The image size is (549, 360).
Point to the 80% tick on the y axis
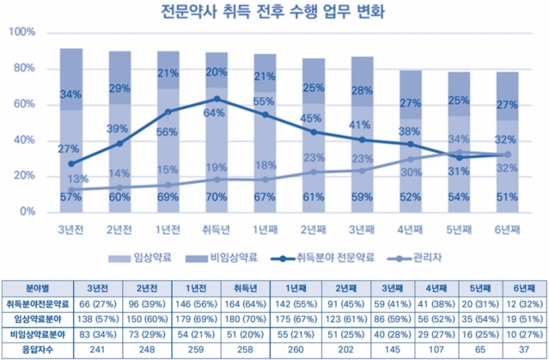(26, 69)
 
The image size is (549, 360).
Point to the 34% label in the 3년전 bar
(71, 94)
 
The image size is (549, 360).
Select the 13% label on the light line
(78, 180)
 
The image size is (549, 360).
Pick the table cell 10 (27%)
(526, 335)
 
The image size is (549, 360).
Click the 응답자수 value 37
(526, 350)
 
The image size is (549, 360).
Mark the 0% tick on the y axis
(28, 212)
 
